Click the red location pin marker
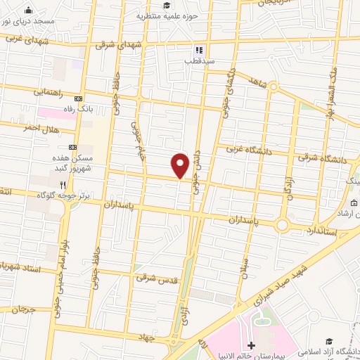point(181,165)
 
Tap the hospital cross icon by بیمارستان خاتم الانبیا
point(252,345)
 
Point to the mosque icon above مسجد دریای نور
point(27,11)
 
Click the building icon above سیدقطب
point(199,51)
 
